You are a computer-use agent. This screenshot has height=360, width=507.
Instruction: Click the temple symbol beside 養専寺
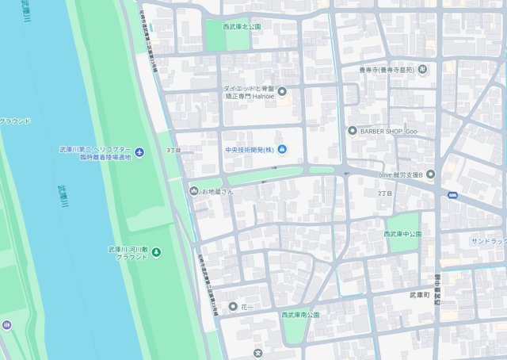click(422, 70)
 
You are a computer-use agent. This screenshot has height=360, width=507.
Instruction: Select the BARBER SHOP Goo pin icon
click(352, 130)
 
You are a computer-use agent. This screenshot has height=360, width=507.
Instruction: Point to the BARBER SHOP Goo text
click(388, 130)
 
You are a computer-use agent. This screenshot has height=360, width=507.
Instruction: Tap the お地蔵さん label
click(218, 191)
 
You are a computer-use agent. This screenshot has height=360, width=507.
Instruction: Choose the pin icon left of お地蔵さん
click(194, 190)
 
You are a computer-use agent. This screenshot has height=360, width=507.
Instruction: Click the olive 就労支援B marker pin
click(430, 173)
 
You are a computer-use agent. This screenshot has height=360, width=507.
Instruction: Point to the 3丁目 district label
click(173, 150)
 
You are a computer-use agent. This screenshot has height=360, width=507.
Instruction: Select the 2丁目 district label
click(385, 193)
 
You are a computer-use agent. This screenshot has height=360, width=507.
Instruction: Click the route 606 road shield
click(452, 195)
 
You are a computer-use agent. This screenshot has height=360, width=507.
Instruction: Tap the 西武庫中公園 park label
click(402, 234)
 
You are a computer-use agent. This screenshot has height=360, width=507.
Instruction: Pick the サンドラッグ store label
click(488, 241)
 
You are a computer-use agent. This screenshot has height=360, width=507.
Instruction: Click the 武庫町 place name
click(419, 295)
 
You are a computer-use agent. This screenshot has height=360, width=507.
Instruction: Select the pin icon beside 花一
click(232, 306)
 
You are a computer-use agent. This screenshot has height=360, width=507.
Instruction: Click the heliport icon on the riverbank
click(139, 152)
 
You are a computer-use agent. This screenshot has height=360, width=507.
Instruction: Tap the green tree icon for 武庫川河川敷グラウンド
click(156, 253)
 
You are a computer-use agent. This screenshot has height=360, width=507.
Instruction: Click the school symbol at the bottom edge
click(257, 353)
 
